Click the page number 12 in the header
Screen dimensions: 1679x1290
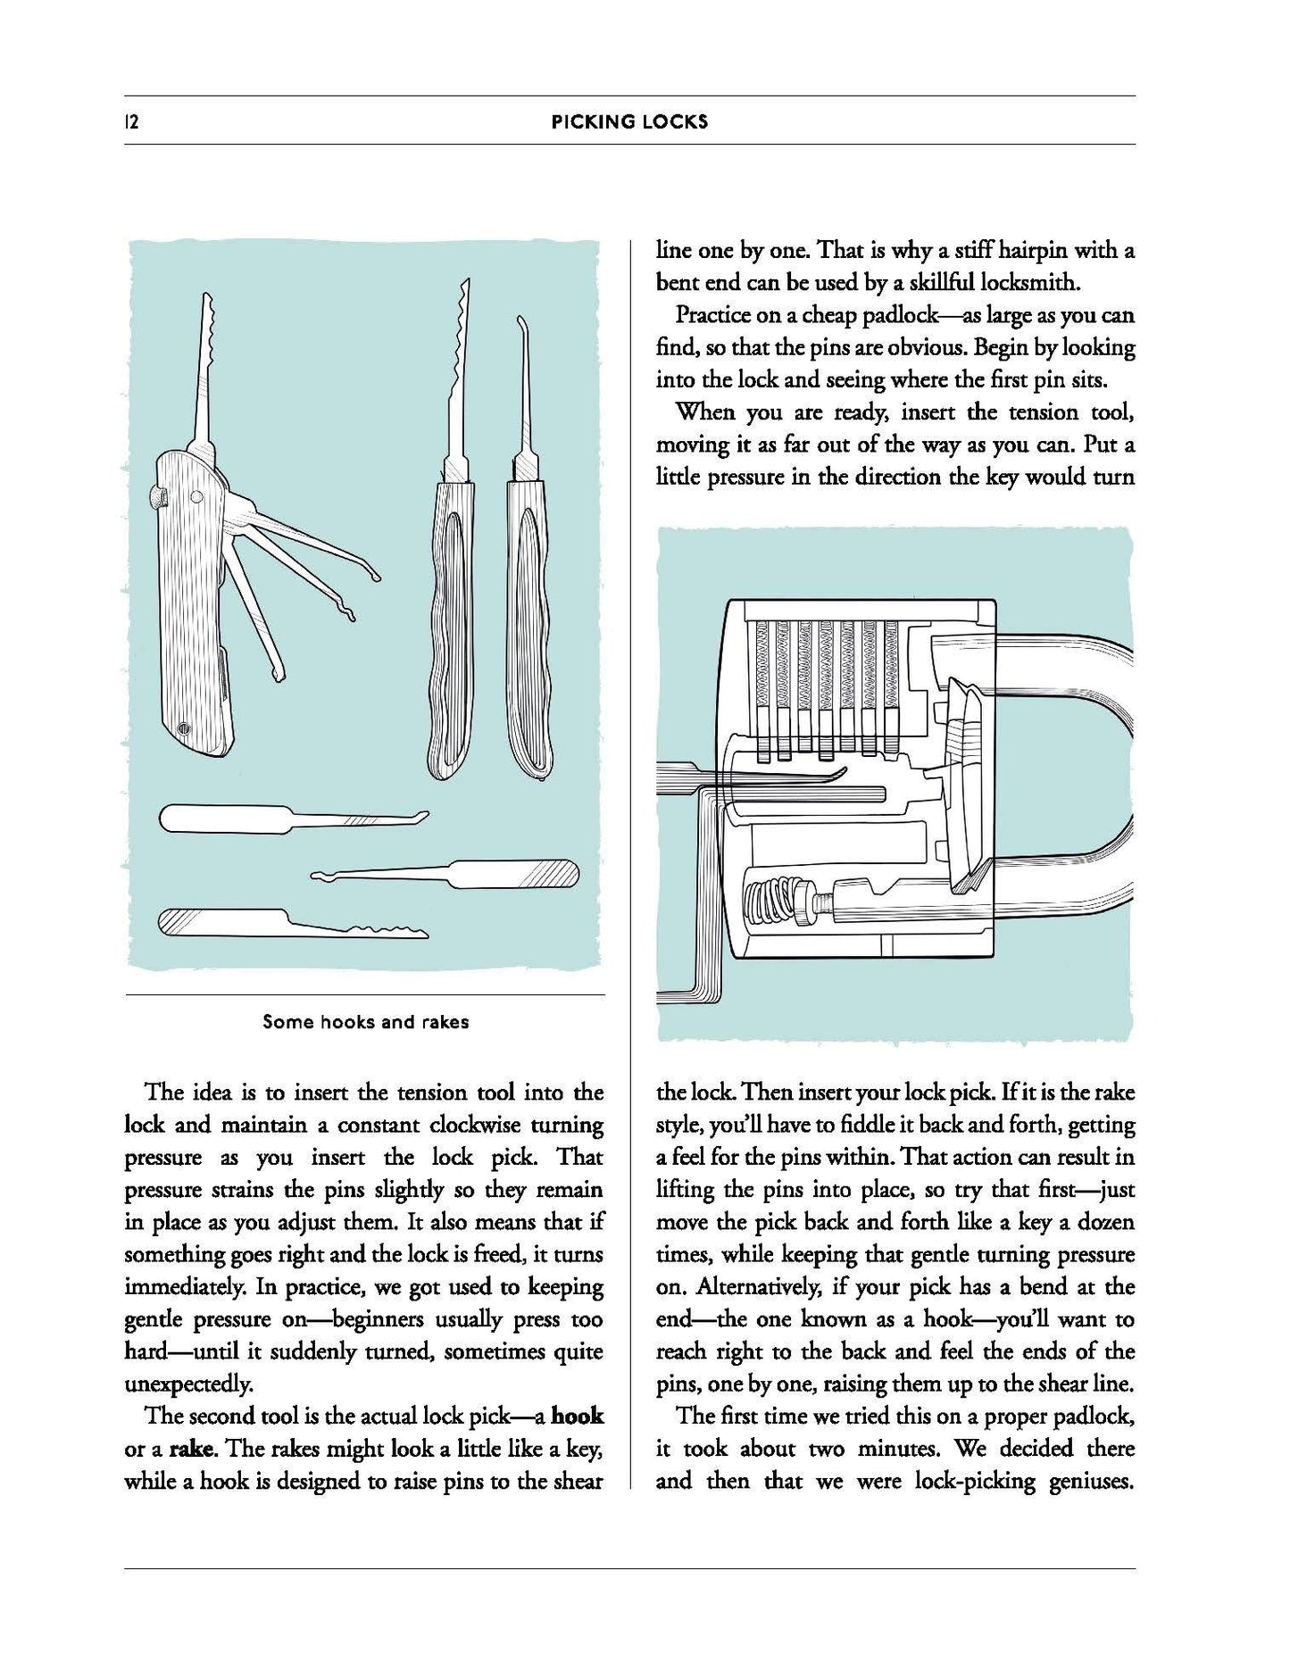point(132,122)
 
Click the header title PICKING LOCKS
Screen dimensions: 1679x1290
point(629,122)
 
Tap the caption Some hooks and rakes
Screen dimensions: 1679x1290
point(365,1022)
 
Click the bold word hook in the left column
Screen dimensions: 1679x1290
point(577,1416)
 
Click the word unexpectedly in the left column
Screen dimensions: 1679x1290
point(187,1384)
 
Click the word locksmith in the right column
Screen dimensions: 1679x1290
point(1029,283)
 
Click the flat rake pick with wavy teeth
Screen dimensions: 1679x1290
point(295,924)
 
